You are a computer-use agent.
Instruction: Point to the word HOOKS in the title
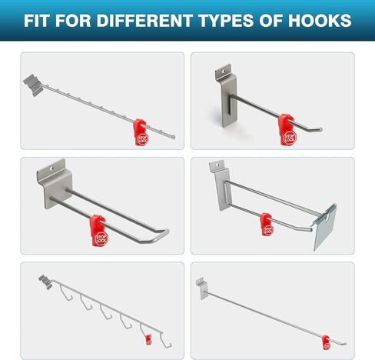click(x=324, y=20)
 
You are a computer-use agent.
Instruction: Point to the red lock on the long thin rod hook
click(x=326, y=339)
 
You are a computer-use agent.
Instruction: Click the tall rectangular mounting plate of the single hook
click(x=226, y=96)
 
